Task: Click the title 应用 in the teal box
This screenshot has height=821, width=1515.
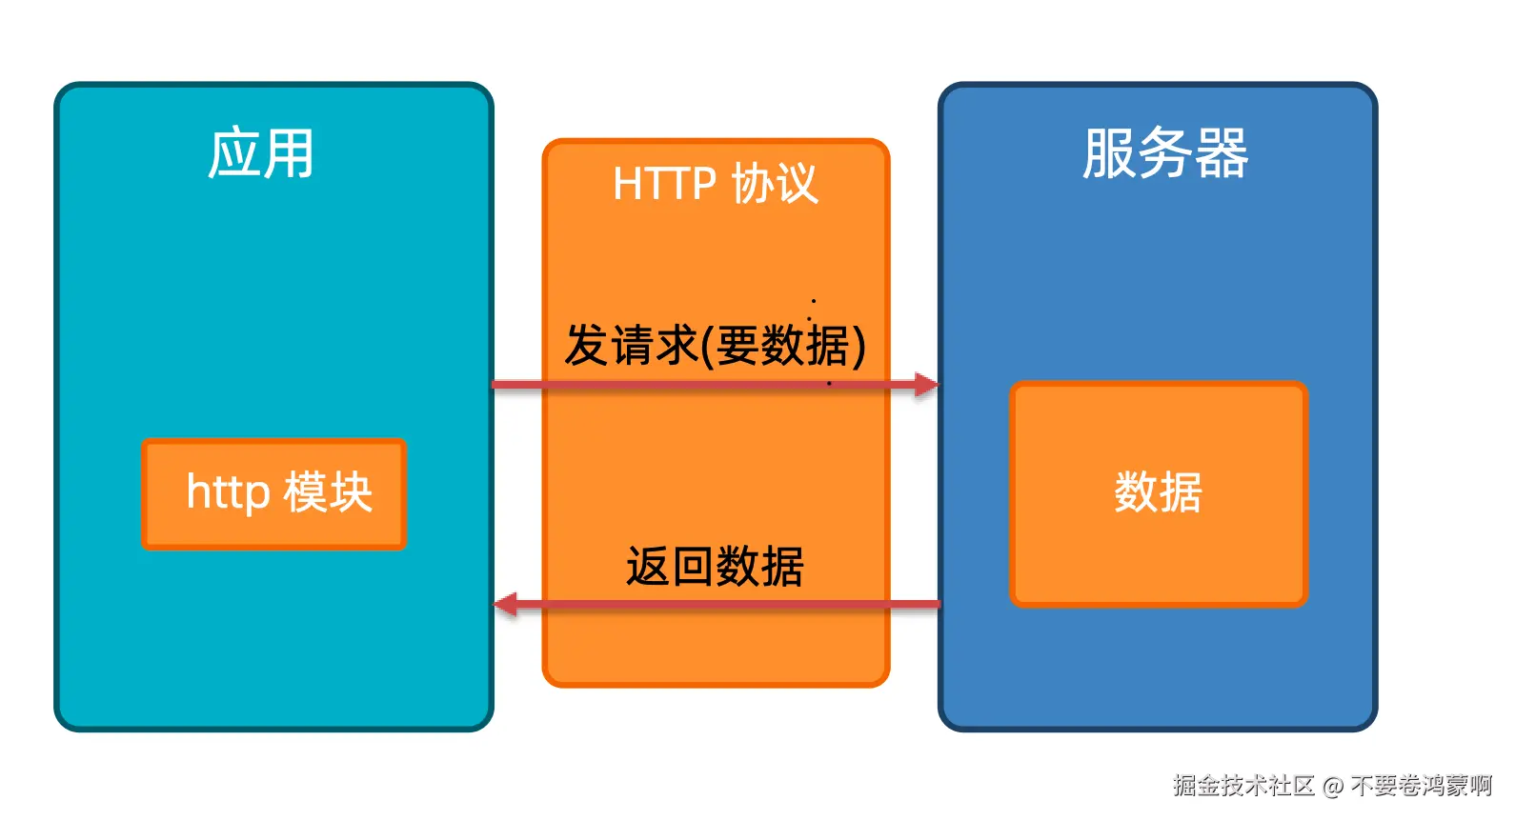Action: point(261,153)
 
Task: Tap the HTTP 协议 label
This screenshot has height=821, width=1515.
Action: point(715,183)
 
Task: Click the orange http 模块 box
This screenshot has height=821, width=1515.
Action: point(274,493)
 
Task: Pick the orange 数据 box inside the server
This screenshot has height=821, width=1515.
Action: point(1158,493)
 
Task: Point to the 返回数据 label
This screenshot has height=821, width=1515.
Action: point(715,567)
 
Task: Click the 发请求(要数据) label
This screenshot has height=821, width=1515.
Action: point(715,345)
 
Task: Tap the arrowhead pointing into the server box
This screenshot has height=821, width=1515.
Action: point(926,385)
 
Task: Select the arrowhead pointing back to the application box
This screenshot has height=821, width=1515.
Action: point(506,604)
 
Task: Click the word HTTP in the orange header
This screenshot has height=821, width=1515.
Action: point(664,183)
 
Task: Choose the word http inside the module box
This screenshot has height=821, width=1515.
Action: point(229,492)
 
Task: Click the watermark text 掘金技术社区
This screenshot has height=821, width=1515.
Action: point(1243,785)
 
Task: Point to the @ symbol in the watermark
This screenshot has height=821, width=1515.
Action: point(1333,786)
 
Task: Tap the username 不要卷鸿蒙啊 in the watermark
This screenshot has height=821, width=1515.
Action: point(1421,785)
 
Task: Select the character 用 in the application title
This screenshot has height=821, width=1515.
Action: point(289,153)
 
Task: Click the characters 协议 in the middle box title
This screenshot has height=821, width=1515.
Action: point(775,183)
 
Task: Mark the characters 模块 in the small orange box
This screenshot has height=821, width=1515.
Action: point(328,492)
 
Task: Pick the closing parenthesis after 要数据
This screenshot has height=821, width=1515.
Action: point(858,346)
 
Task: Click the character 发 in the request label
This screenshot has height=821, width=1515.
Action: point(586,345)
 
